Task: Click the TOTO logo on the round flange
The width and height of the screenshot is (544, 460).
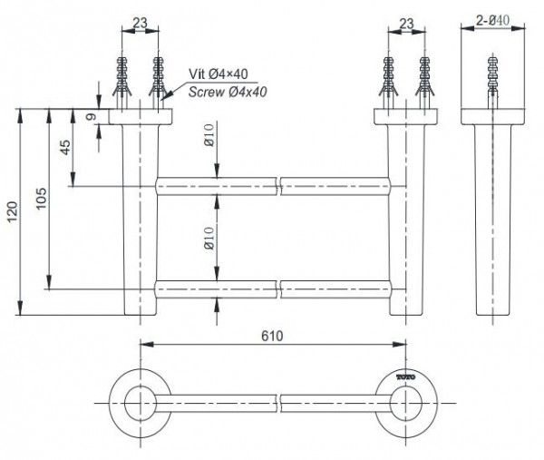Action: pos(406,376)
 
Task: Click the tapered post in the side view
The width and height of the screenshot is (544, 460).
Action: pos(494,218)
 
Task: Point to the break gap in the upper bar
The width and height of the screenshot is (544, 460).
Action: pos(278,187)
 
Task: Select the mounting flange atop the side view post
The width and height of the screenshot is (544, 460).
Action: pos(494,117)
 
